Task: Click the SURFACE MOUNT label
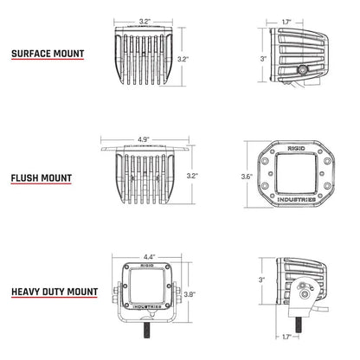pos(48,54)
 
